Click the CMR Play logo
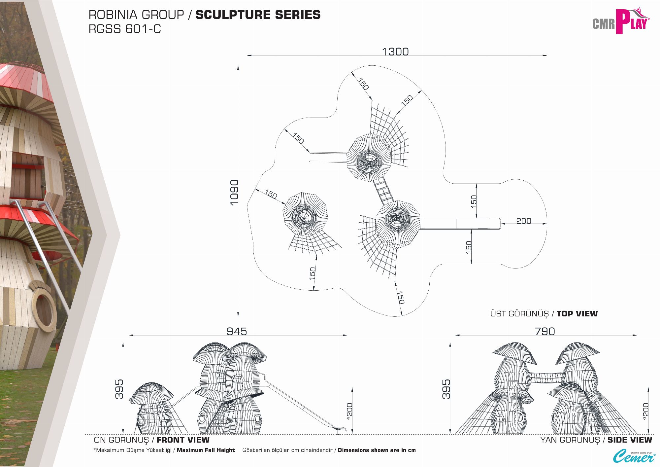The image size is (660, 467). click(x=620, y=22)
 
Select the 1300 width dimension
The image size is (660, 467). click(x=395, y=52)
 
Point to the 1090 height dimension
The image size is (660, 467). click(x=234, y=192)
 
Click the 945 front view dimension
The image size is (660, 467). click(x=237, y=331)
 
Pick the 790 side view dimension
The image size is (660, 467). click(x=544, y=331)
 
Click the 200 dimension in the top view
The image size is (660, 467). click(x=523, y=221)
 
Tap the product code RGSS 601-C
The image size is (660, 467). click(x=125, y=29)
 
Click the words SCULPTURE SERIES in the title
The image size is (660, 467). click(x=258, y=15)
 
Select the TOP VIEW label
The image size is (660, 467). click(x=577, y=314)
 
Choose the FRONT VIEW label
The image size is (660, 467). click(x=183, y=440)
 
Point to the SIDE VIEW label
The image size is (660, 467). click(x=630, y=440)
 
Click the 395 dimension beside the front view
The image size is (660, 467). click(x=119, y=389)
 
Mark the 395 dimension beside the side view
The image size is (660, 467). click(x=446, y=389)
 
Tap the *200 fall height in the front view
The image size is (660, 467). click(x=350, y=411)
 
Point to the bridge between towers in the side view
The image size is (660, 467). click(x=546, y=377)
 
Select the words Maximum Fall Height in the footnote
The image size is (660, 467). click(x=206, y=450)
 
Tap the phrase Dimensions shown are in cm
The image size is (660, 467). click(x=377, y=450)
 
